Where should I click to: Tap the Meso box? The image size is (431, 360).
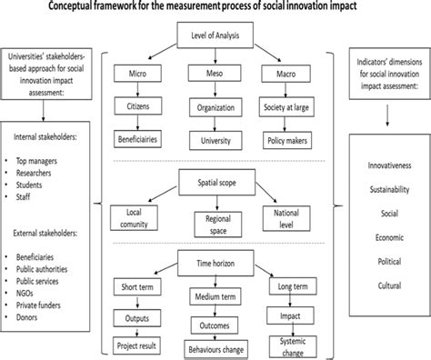(x=215, y=70)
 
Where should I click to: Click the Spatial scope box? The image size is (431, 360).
(x=215, y=181)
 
